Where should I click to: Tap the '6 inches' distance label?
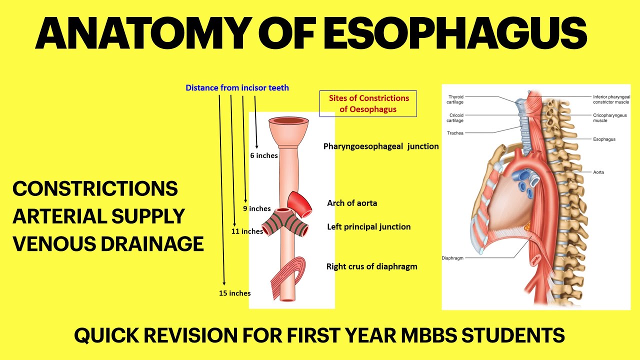pyautogui.click(x=264, y=155)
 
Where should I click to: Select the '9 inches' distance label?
pyautogui.click(x=257, y=208)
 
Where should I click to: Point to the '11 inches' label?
pyautogui.click(x=247, y=231)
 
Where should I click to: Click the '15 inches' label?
pyautogui.click(x=235, y=293)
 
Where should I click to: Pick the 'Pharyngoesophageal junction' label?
pyautogui.click(x=381, y=146)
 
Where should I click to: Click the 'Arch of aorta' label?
pyautogui.click(x=352, y=203)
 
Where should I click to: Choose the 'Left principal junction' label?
pyautogui.click(x=369, y=226)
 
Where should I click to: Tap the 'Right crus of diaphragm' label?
pyautogui.click(x=371, y=266)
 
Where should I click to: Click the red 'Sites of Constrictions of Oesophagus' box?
pyautogui.click(x=368, y=103)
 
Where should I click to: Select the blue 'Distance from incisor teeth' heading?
pyautogui.click(x=237, y=88)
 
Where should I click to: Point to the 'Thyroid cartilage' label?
pyautogui.click(x=456, y=99)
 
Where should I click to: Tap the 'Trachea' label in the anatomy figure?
pyautogui.click(x=455, y=133)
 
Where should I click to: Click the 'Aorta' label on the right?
pyautogui.click(x=598, y=172)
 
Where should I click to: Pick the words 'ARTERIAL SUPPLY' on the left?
pyautogui.click(x=99, y=216)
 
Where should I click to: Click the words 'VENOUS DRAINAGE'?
pyautogui.click(x=108, y=244)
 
